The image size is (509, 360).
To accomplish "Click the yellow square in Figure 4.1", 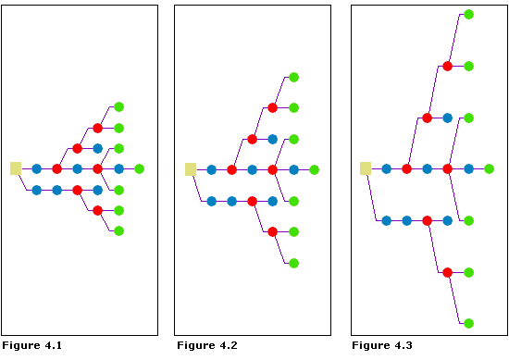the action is (16, 168).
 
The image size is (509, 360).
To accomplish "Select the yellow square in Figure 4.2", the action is (191, 169).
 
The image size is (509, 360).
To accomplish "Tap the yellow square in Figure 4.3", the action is (366, 168).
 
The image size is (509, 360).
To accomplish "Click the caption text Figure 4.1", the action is (31, 345).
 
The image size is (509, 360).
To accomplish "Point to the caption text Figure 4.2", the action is (206, 345).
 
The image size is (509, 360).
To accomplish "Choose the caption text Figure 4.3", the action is (382, 345).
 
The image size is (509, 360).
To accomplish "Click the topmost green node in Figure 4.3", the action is (468, 15).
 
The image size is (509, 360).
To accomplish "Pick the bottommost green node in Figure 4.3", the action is (468, 323).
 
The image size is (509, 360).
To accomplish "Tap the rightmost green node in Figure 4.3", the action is (489, 168).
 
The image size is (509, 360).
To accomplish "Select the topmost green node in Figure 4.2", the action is (293, 78).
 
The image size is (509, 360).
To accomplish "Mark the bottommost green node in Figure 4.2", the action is (293, 263).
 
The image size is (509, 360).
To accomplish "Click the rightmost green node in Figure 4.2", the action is (314, 169).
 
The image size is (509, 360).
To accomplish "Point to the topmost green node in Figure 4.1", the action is (118, 107).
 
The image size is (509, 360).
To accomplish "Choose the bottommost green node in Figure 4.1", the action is (118, 230).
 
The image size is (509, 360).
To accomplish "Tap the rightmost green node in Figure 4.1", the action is (139, 168).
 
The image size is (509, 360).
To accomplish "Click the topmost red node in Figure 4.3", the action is (447, 67).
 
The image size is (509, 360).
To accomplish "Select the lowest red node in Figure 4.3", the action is (447, 272).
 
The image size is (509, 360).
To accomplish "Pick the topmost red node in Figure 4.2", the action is (272, 108).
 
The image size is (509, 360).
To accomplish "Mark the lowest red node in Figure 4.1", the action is (97, 210).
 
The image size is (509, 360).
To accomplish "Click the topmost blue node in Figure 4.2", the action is (272, 139).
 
